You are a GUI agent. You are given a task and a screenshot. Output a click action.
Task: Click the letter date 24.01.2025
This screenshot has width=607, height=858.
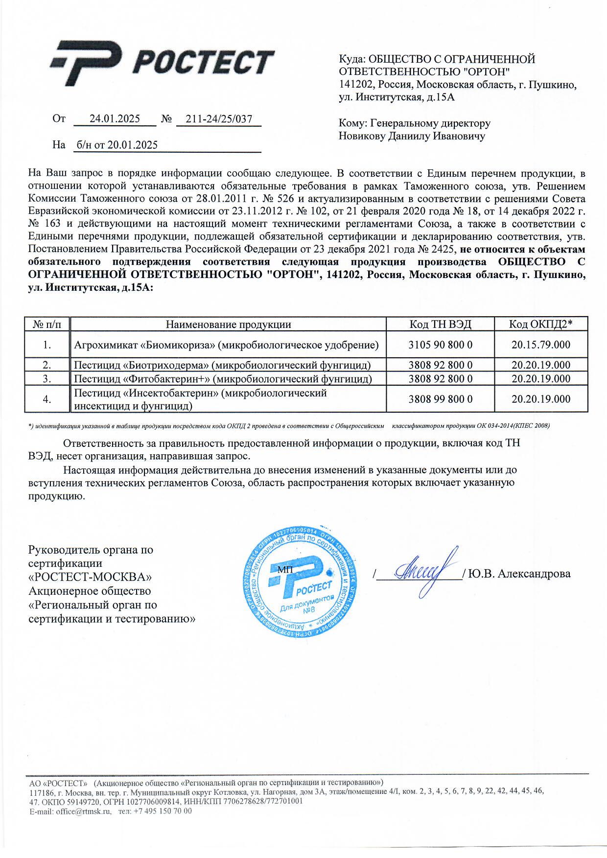[x=115, y=119]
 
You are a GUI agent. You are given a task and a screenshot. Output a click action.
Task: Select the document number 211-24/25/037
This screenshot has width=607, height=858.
[x=219, y=119]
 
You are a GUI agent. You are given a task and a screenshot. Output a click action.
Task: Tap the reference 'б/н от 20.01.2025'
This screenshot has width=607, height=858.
[x=117, y=145]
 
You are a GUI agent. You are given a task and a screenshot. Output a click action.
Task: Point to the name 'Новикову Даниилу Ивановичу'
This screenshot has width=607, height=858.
[x=412, y=136]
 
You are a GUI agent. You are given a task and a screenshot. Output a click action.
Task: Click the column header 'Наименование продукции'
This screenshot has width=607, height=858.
[x=228, y=324]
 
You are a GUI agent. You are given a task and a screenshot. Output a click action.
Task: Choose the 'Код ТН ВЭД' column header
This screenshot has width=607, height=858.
[x=440, y=324]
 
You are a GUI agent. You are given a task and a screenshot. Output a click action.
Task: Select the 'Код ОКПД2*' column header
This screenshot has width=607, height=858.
[x=540, y=324]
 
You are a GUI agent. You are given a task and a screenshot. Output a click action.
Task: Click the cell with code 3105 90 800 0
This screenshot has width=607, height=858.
[x=440, y=345]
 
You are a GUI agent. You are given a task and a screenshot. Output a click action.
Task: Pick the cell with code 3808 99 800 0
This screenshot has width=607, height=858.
[x=440, y=399]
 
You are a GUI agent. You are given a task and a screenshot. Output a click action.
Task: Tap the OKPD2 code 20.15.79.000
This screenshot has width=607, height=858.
[x=540, y=345]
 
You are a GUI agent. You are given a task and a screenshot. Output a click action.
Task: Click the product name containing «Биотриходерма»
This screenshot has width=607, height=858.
[x=222, y=365]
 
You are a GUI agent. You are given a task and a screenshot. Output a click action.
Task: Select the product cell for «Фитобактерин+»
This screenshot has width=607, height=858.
[x=223, y=379]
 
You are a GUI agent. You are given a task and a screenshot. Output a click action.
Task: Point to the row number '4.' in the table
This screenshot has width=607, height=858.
[x=47, y=399]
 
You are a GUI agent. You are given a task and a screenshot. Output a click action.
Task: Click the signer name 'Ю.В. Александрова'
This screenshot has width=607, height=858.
[x=519, y=574]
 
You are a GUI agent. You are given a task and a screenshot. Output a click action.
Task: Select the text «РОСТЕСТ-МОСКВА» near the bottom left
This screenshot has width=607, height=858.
[x=90, y=578]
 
